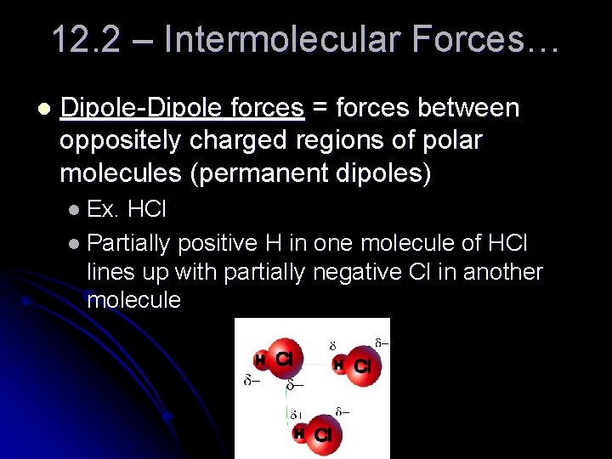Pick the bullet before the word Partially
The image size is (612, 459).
[75, 244]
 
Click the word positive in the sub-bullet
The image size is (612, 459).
[218, 243]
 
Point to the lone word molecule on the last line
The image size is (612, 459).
[133, 300]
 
